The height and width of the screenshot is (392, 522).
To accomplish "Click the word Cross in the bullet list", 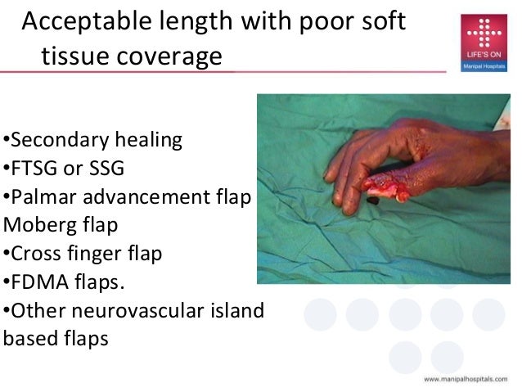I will [34, 254].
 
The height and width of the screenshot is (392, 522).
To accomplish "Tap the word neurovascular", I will [139, 310].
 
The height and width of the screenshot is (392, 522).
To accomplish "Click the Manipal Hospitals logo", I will [483, 43].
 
